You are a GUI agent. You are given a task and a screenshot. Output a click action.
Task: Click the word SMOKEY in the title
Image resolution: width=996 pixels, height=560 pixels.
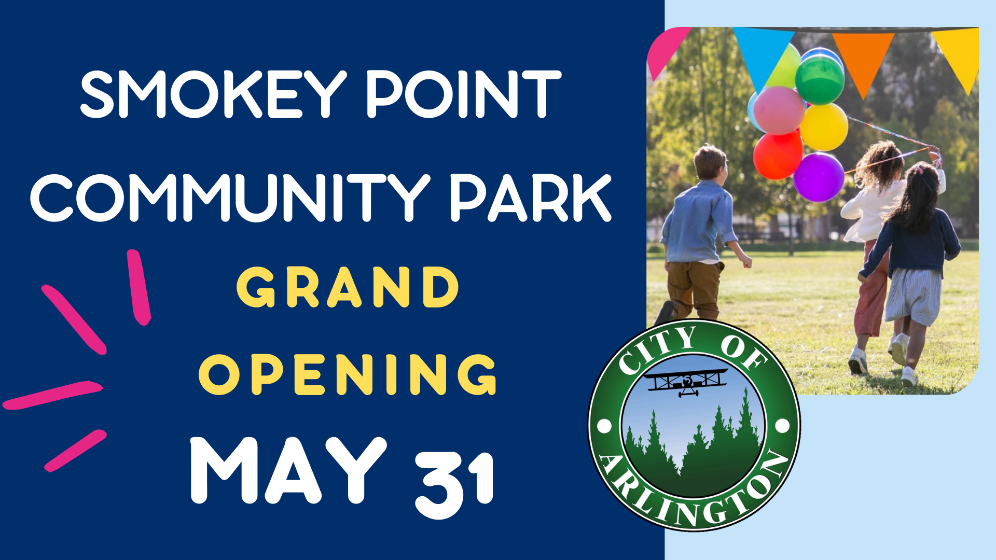coord(213,94)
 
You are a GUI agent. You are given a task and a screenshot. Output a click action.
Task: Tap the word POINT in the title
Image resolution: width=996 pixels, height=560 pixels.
coord(464,94)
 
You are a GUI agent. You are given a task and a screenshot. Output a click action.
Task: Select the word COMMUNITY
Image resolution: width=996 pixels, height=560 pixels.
coord(230,198)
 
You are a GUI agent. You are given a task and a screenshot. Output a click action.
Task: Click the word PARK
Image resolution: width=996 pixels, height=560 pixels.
coord(530,198)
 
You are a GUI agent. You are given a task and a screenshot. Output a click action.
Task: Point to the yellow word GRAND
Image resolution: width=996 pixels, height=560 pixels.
coord(348,287)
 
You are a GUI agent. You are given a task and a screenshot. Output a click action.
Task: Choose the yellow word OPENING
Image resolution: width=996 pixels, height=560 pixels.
coord(348,374)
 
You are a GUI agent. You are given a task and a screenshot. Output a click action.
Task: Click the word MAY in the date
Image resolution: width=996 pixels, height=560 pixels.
coord(288,470)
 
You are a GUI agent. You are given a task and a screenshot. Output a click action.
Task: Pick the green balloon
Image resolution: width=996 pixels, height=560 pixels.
coord(820,80)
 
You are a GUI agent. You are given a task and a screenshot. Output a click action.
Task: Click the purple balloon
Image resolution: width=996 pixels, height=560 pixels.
coord(819,177)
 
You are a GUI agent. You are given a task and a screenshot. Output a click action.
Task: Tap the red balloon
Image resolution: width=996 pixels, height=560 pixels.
coord(777,155)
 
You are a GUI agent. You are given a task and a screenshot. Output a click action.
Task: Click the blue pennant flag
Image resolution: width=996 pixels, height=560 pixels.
coord(762,52)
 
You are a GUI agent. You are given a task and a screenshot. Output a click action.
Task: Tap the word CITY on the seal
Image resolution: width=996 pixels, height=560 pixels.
coord(656,351)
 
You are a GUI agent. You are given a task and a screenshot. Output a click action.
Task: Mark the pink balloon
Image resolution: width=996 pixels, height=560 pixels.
coord(778,110)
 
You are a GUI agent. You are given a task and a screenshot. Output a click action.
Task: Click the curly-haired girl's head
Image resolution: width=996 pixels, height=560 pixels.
coord(880,162)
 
